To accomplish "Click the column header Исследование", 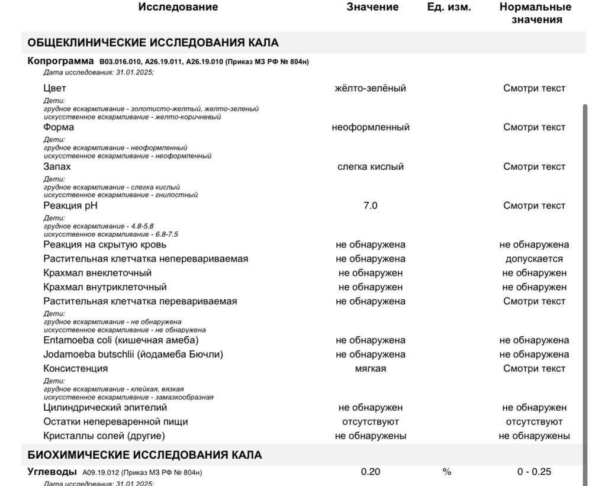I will point(178,7).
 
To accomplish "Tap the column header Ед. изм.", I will point(449,7).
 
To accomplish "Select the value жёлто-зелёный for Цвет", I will point(371,88).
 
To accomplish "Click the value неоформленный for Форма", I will point(371,127).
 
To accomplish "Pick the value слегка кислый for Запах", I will point(371,167).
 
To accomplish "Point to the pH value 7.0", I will point(371,206).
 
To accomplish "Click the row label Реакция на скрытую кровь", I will point(105,245).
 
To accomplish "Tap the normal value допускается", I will point(534,259).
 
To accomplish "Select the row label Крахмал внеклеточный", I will point(98,273).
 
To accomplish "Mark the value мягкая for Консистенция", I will point(371,369).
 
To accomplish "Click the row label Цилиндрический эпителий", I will point(105,408).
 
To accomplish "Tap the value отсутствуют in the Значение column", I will point(371,422).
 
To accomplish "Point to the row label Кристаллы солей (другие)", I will point(104,436).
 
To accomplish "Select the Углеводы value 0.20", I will point(371,472).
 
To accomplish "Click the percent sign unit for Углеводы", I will point(447,472).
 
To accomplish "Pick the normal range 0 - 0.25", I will point(534,472).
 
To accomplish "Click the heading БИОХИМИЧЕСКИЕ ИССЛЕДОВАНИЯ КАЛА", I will point(145,455).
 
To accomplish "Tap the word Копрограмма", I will point(61,61).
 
